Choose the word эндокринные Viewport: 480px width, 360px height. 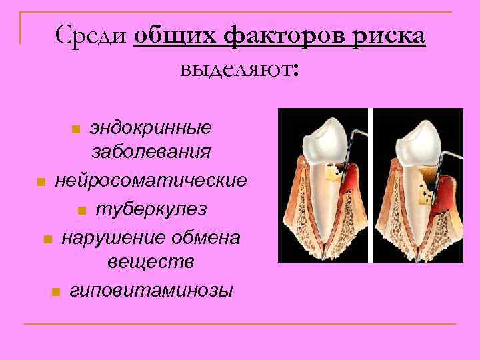151,127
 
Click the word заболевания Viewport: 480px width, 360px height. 151,151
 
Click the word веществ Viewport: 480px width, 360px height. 151,262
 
